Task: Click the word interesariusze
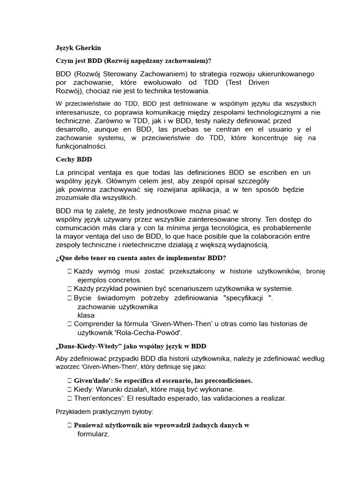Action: pyautogui.click(x=80, y=112)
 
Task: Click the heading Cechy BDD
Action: pyautogui.click(x=73, y=159)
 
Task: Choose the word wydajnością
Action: pyautogui.click(x=250, y=244)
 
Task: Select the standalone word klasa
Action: pyautogui.click(x=86, y=315)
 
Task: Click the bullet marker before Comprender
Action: pyautogui.click(x=69, y=323)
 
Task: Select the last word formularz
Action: pyautogui.click(x=93, y=434)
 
